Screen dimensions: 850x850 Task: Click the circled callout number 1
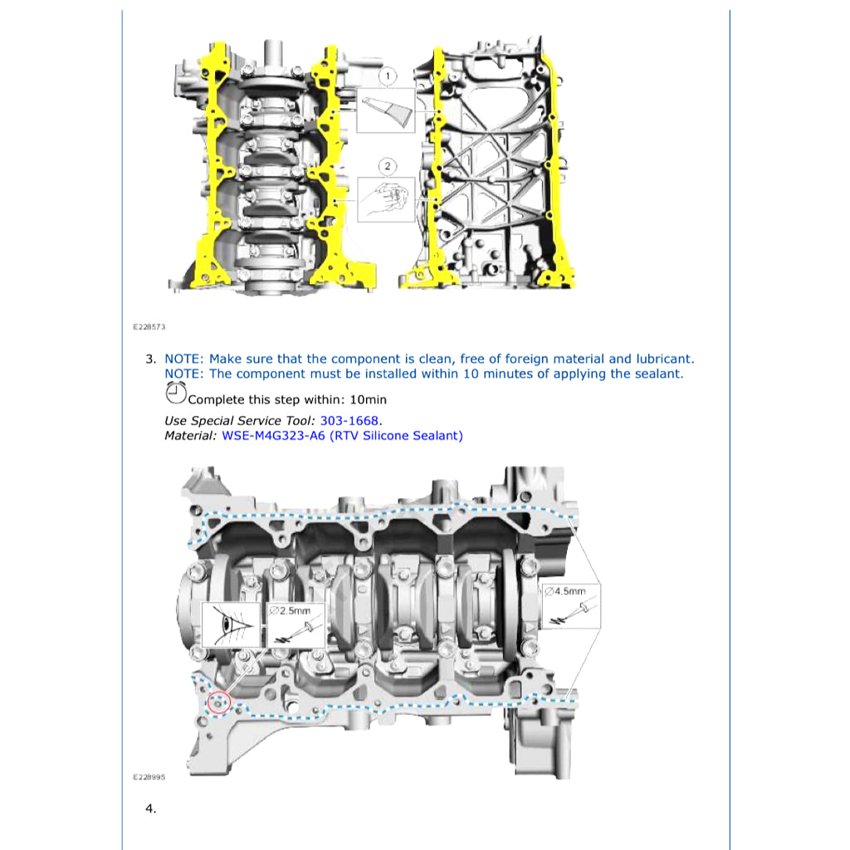coord(387,77)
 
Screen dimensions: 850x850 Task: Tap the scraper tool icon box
coord(386,111)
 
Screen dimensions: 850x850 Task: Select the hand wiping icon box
coord(386,199)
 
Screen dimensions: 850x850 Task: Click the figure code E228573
coord(149,327)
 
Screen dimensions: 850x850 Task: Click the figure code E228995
coord(149,777)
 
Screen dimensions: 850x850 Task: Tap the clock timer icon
coord(175,395)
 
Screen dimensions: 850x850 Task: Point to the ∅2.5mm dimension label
coord(290,610)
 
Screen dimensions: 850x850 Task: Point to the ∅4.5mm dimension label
coord(565,591)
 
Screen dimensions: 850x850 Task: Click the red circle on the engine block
coord(218,702)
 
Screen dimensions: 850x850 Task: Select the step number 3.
coord(150,359)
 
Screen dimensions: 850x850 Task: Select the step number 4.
coord(150,808)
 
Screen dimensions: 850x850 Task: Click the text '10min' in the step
coord(369,400)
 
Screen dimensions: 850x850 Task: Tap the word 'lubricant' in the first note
coord(663,359)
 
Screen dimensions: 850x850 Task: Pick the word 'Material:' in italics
coord(191,436)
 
